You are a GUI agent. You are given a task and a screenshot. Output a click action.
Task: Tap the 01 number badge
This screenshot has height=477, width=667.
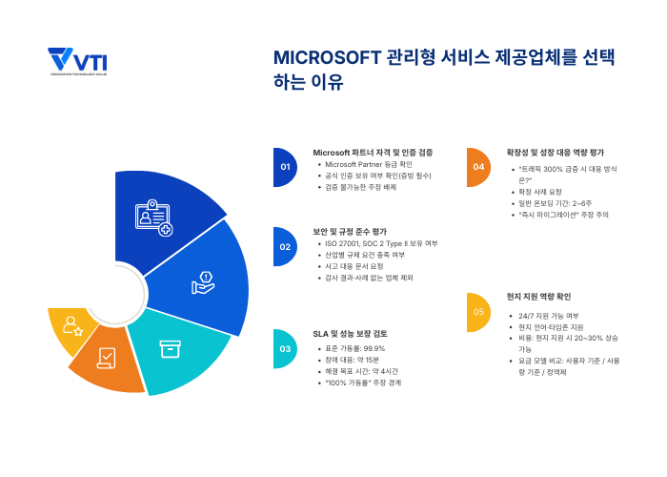284,167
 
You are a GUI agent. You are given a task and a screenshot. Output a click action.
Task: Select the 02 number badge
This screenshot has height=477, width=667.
284,246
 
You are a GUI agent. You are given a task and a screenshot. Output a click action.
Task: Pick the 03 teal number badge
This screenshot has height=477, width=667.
284,349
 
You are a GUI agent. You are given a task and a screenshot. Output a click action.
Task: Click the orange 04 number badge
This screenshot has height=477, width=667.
477,167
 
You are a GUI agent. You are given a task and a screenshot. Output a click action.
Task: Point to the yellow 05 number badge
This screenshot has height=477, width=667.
477,312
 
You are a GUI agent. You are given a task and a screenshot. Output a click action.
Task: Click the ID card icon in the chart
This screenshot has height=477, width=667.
153,218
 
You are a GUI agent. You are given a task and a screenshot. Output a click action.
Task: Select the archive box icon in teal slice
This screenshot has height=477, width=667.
170,349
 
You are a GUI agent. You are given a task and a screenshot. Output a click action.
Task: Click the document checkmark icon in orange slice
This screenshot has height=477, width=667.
107,358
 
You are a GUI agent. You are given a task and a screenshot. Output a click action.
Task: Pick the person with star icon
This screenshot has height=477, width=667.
72,326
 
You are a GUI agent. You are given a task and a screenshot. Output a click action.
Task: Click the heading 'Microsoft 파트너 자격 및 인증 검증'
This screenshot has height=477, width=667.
373,152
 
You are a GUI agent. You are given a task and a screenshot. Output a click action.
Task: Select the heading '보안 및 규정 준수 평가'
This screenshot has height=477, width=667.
350,231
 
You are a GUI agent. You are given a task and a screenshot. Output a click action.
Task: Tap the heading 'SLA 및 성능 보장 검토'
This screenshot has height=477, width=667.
350,333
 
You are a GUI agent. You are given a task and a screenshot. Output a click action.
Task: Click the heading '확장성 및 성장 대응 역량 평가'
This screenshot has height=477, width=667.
556,152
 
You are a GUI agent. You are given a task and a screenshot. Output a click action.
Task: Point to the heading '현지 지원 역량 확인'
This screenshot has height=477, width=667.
538,296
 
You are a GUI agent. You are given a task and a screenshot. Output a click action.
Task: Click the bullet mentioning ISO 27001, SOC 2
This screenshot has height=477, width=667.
381,243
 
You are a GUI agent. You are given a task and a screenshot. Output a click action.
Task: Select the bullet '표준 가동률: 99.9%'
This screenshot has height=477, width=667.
355,348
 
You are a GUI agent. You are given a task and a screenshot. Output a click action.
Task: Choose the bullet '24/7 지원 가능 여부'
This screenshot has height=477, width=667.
548,315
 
